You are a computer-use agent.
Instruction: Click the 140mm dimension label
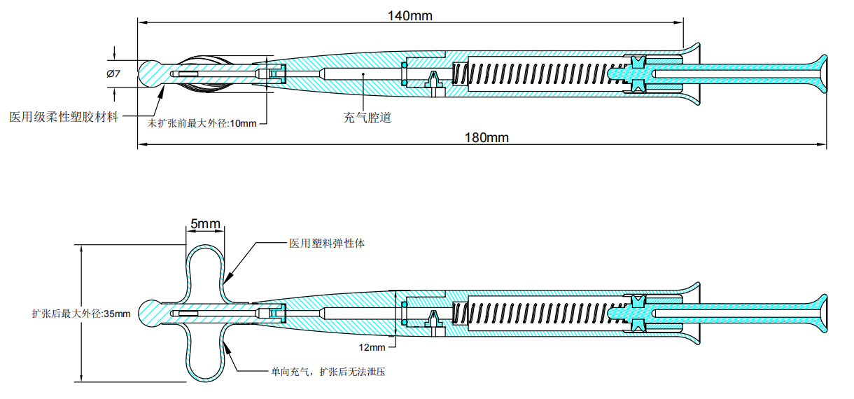[410, 15]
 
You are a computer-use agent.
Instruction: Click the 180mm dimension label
[486, 137]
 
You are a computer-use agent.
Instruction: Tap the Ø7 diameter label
[113, 73]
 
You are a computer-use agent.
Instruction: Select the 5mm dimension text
[205, 224]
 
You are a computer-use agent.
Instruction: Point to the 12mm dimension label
[372, 347]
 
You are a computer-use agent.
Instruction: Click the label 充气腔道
[367, 118]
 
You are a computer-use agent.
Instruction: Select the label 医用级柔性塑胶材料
[64, 116]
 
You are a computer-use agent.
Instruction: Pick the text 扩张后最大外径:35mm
[81, 314]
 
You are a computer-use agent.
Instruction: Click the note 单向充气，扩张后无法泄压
[328, 372]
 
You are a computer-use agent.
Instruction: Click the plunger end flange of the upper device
[819, 73]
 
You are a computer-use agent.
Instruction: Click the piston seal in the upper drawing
[636, 73]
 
